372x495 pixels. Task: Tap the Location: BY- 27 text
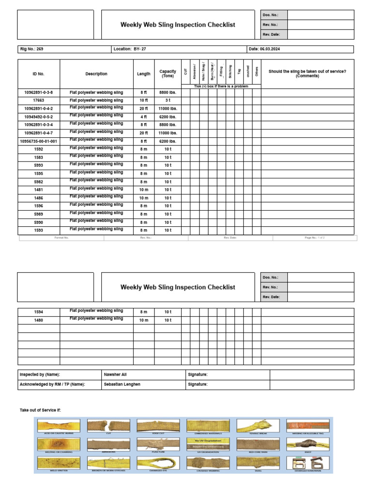coord(130,49)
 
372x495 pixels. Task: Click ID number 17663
coord(39,101)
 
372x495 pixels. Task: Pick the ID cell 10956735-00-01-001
coord(39,141)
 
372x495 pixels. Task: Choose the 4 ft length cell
coord(143,117)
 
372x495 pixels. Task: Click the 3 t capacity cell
coord(168,101)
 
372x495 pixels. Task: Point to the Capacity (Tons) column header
coord(168,73)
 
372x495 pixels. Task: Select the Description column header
coord(96,74)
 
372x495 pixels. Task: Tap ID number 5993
coord(39,165)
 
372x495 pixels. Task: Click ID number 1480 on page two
coord(39,320)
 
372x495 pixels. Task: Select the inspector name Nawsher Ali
coord(115,374)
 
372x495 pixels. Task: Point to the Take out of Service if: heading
coord(40,410)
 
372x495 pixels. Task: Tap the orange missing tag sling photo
coord(308,426)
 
